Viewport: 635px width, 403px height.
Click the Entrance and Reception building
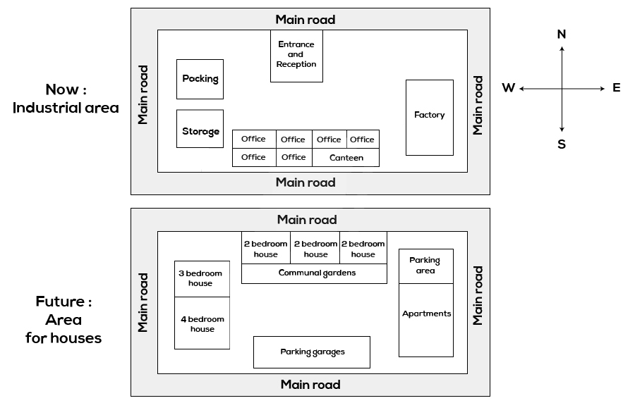(296, 56)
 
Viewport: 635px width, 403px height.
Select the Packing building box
(200, 79)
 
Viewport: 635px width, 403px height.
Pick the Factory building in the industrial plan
(429, 117)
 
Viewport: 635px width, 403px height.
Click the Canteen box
(346, 158)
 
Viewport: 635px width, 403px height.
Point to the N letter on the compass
(562, 35)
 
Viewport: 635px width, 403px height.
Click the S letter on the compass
(562, 144)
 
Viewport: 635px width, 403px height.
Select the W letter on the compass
(508, 88)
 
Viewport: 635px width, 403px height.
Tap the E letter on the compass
(616, 88)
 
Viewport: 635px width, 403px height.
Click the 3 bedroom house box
(202, 279)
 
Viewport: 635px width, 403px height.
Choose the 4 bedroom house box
(202, 323)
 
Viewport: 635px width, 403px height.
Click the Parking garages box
(312, 352)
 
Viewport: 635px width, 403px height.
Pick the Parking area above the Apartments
(425, 266)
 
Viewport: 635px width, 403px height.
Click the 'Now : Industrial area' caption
(66, 99)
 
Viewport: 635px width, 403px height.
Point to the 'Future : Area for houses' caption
(64, 320)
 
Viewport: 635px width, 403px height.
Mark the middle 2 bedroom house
(315, 248)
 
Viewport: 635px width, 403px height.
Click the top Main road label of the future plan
(307, 220)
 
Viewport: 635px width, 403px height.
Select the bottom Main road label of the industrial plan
(306, 182)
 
